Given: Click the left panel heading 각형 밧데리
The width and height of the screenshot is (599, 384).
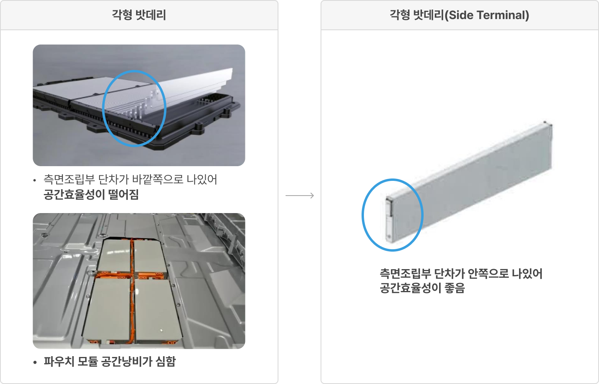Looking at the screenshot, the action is pyautogui.click(x=139, y=15).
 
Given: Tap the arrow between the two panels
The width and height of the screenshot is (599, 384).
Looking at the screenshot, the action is pyautogui.click(x=299, y=196).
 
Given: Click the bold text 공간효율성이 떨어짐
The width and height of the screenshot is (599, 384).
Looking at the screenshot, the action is pyautogui.click(x=91, y=194).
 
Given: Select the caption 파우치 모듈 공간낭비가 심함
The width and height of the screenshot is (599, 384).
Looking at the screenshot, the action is pyautogui.click(x=110, y=362).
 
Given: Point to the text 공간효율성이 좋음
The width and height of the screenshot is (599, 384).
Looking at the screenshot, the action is pyautogui.click(x=422, y=288).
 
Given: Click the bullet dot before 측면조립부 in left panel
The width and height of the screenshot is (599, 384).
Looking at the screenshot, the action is pyautogui.click(x=35, y=180).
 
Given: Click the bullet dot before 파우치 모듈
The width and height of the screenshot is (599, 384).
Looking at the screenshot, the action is pyautogui.click(x=35, y=363).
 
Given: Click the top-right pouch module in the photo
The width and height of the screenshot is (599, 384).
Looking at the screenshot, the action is pyautogui.click(x=150, y=256).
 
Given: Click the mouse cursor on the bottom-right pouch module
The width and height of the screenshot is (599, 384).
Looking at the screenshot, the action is pyautogui.click(x=161, y=331).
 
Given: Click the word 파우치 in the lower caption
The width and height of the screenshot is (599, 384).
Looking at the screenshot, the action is pyautogui.click(x=59, y=362).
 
